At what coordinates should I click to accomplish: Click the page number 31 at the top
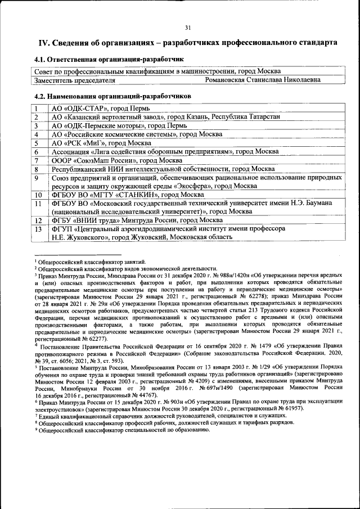[x=188, y=28]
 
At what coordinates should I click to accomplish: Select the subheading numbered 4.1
[x=109, y=59]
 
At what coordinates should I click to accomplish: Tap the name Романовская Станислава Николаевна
[x=263, y=80]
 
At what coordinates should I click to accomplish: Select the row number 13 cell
[x=38, y=229]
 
